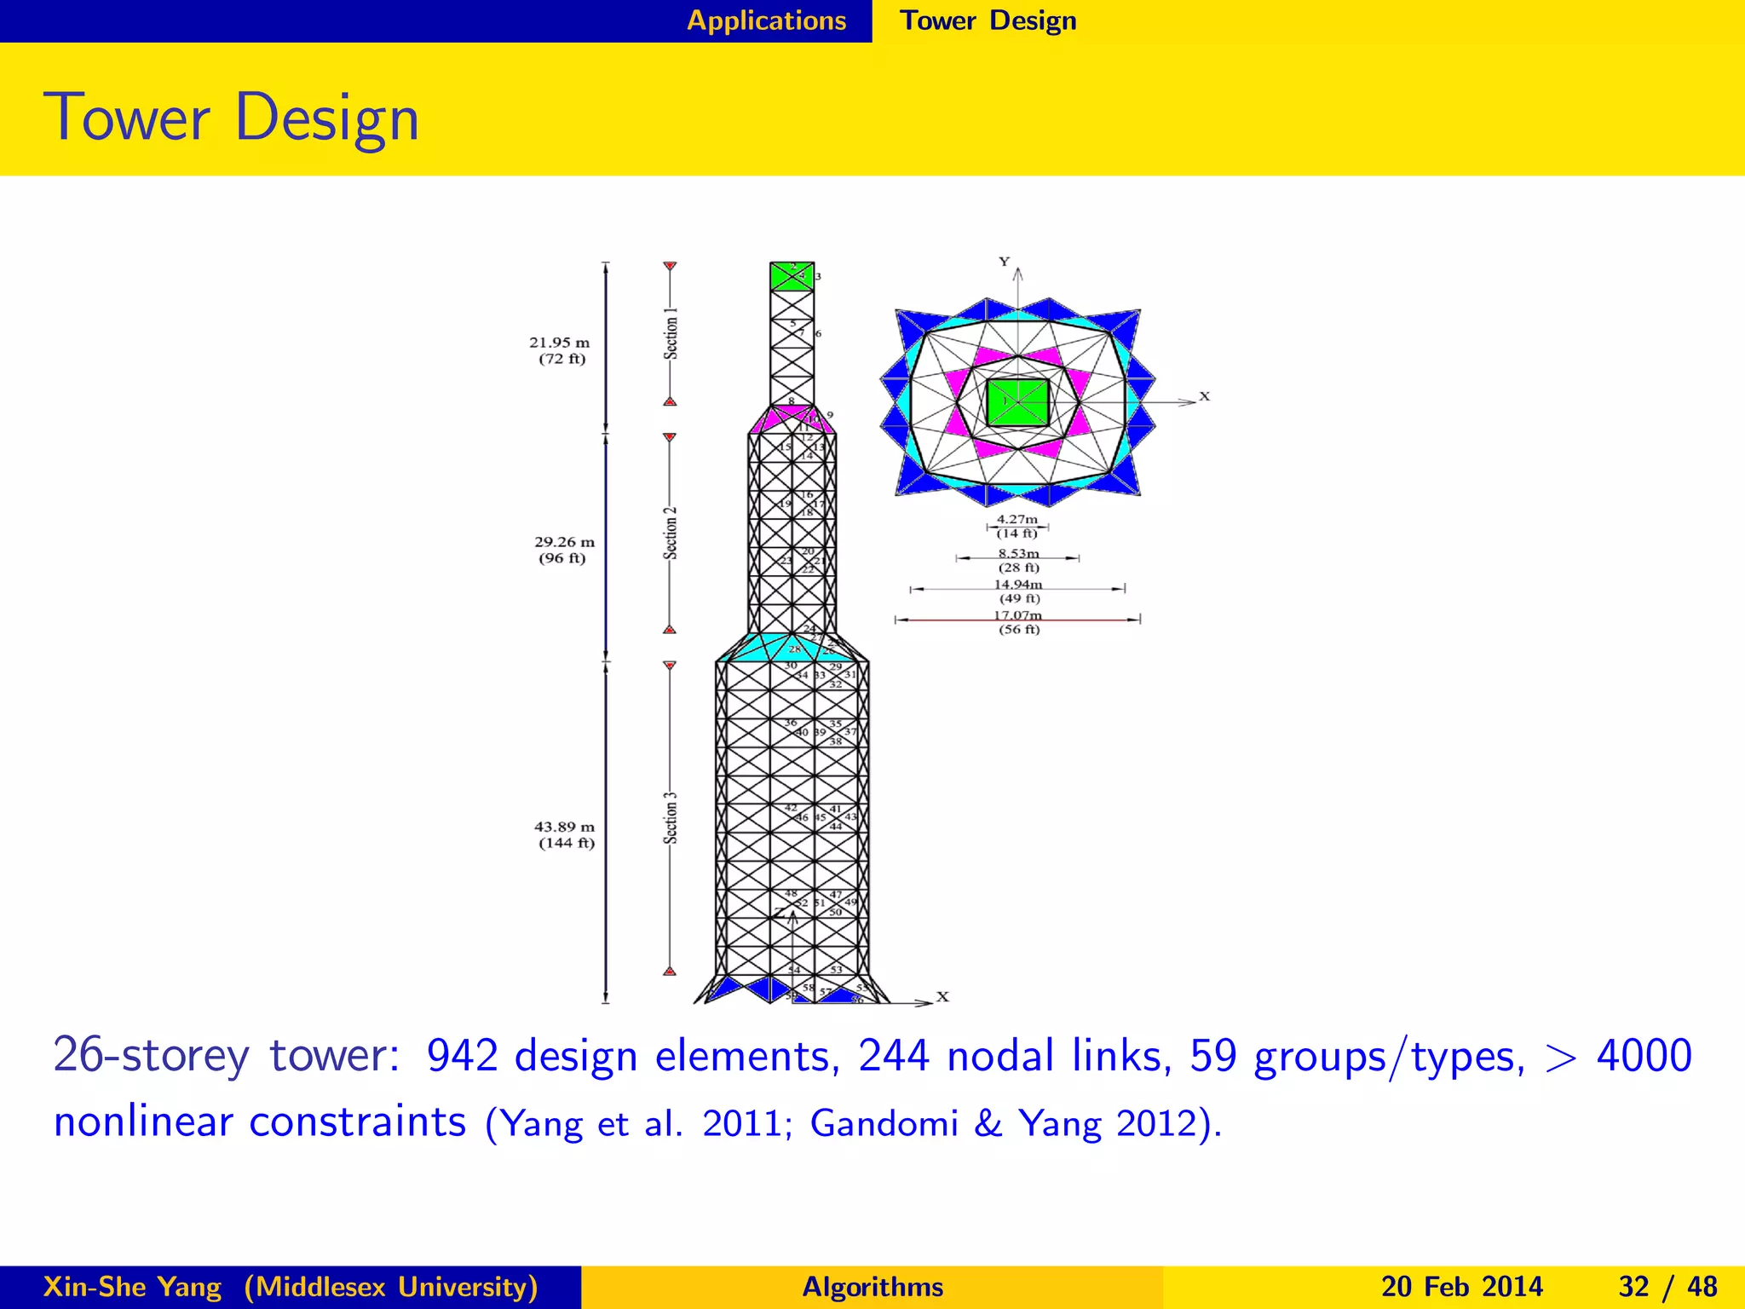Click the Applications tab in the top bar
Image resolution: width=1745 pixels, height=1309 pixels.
click(x=766, y=20)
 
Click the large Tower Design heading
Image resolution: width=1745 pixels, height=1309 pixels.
click(x=232, y=118)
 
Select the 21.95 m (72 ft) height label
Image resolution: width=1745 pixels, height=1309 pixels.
click(x=560, y=350)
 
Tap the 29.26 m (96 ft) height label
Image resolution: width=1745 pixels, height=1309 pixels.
click(x=564, y=550)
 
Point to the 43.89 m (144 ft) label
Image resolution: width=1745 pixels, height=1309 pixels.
click(x=564, y=834)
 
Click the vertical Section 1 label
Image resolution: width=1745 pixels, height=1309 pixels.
click(x=671, y=333)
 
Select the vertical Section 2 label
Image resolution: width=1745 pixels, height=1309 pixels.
click(x=671, y=533)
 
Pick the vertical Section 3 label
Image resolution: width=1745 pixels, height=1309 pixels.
click(x=671, y=818)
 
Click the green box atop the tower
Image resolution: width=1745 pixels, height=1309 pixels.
click(x=791, y=277)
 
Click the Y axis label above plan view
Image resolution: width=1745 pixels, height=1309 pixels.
click(x=1004, y=262)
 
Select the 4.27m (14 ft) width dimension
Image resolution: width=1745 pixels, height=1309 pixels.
click(x=1017, y=526)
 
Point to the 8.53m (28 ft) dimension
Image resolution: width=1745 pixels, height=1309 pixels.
click(x=1018, y=560)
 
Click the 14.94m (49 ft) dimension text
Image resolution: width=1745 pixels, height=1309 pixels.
click(x=1018, y=591)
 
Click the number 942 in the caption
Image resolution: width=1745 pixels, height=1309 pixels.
click(x=462, y=1056)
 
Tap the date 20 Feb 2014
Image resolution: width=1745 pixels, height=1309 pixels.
click(x=1461, y=1286)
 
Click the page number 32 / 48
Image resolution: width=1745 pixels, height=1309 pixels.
click(x=1667, y=1286)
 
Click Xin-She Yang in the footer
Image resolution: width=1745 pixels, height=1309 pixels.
click(x=132, y=1286)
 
